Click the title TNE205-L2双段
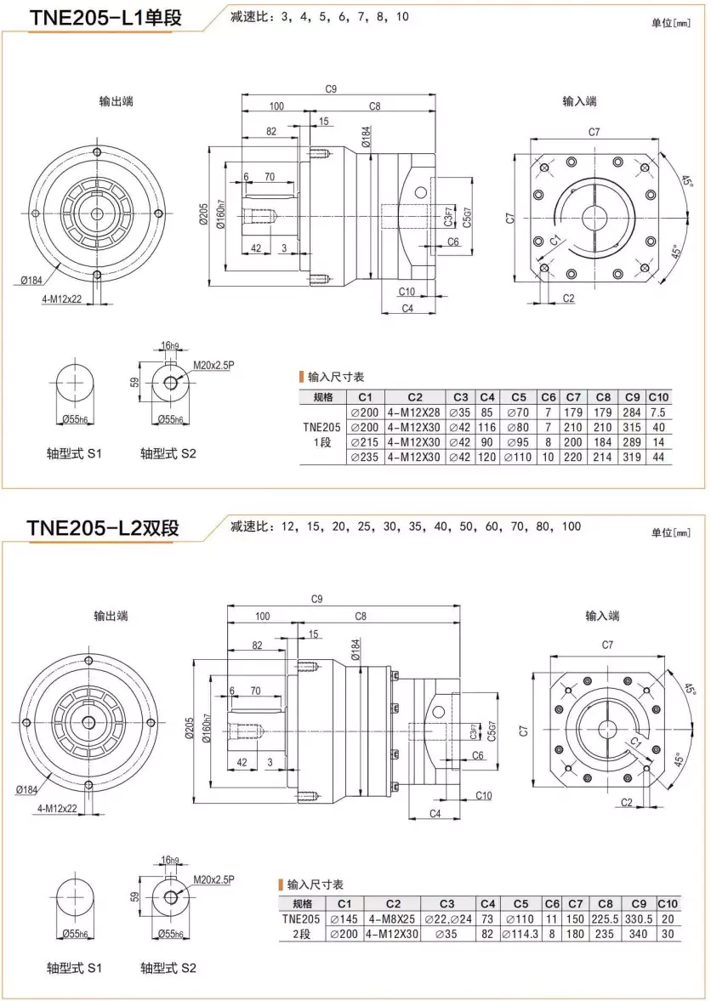click(x=103, y=527)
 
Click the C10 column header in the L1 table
click(x=658, y=396)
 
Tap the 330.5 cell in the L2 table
click(x=638, y=919)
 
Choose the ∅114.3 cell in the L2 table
click(x=520, y=934)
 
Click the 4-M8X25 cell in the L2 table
click(x=393, y=919)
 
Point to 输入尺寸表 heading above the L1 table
click(x=336, y=377)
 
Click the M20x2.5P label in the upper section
click(x=213, y=365)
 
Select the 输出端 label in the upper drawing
click(x=116, y=101)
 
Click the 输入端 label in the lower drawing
click(x=602, y=616)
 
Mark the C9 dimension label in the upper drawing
click(x=332, y=88)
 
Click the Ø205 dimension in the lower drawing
click(x=189, y=730)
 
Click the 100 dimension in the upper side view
click(x=276, y=106)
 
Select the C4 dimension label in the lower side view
click(x=435, y=814)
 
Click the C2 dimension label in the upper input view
click(x=568, y=298)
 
